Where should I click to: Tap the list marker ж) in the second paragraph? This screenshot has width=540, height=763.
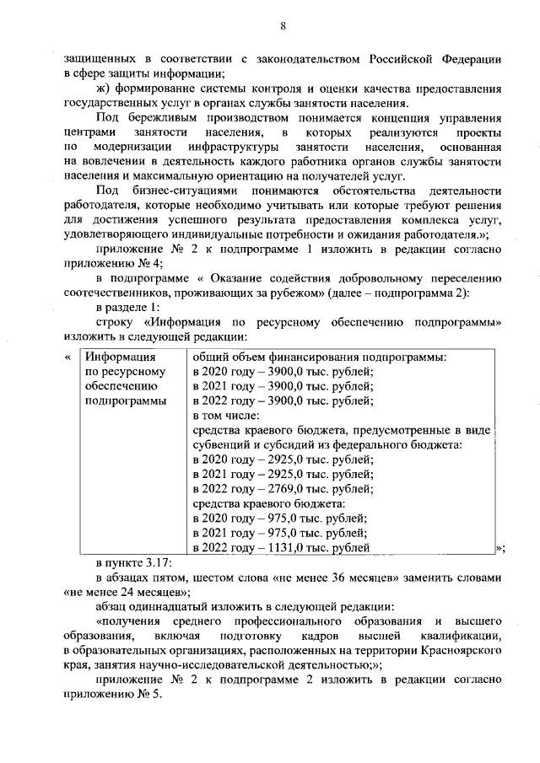coord(103,87)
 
